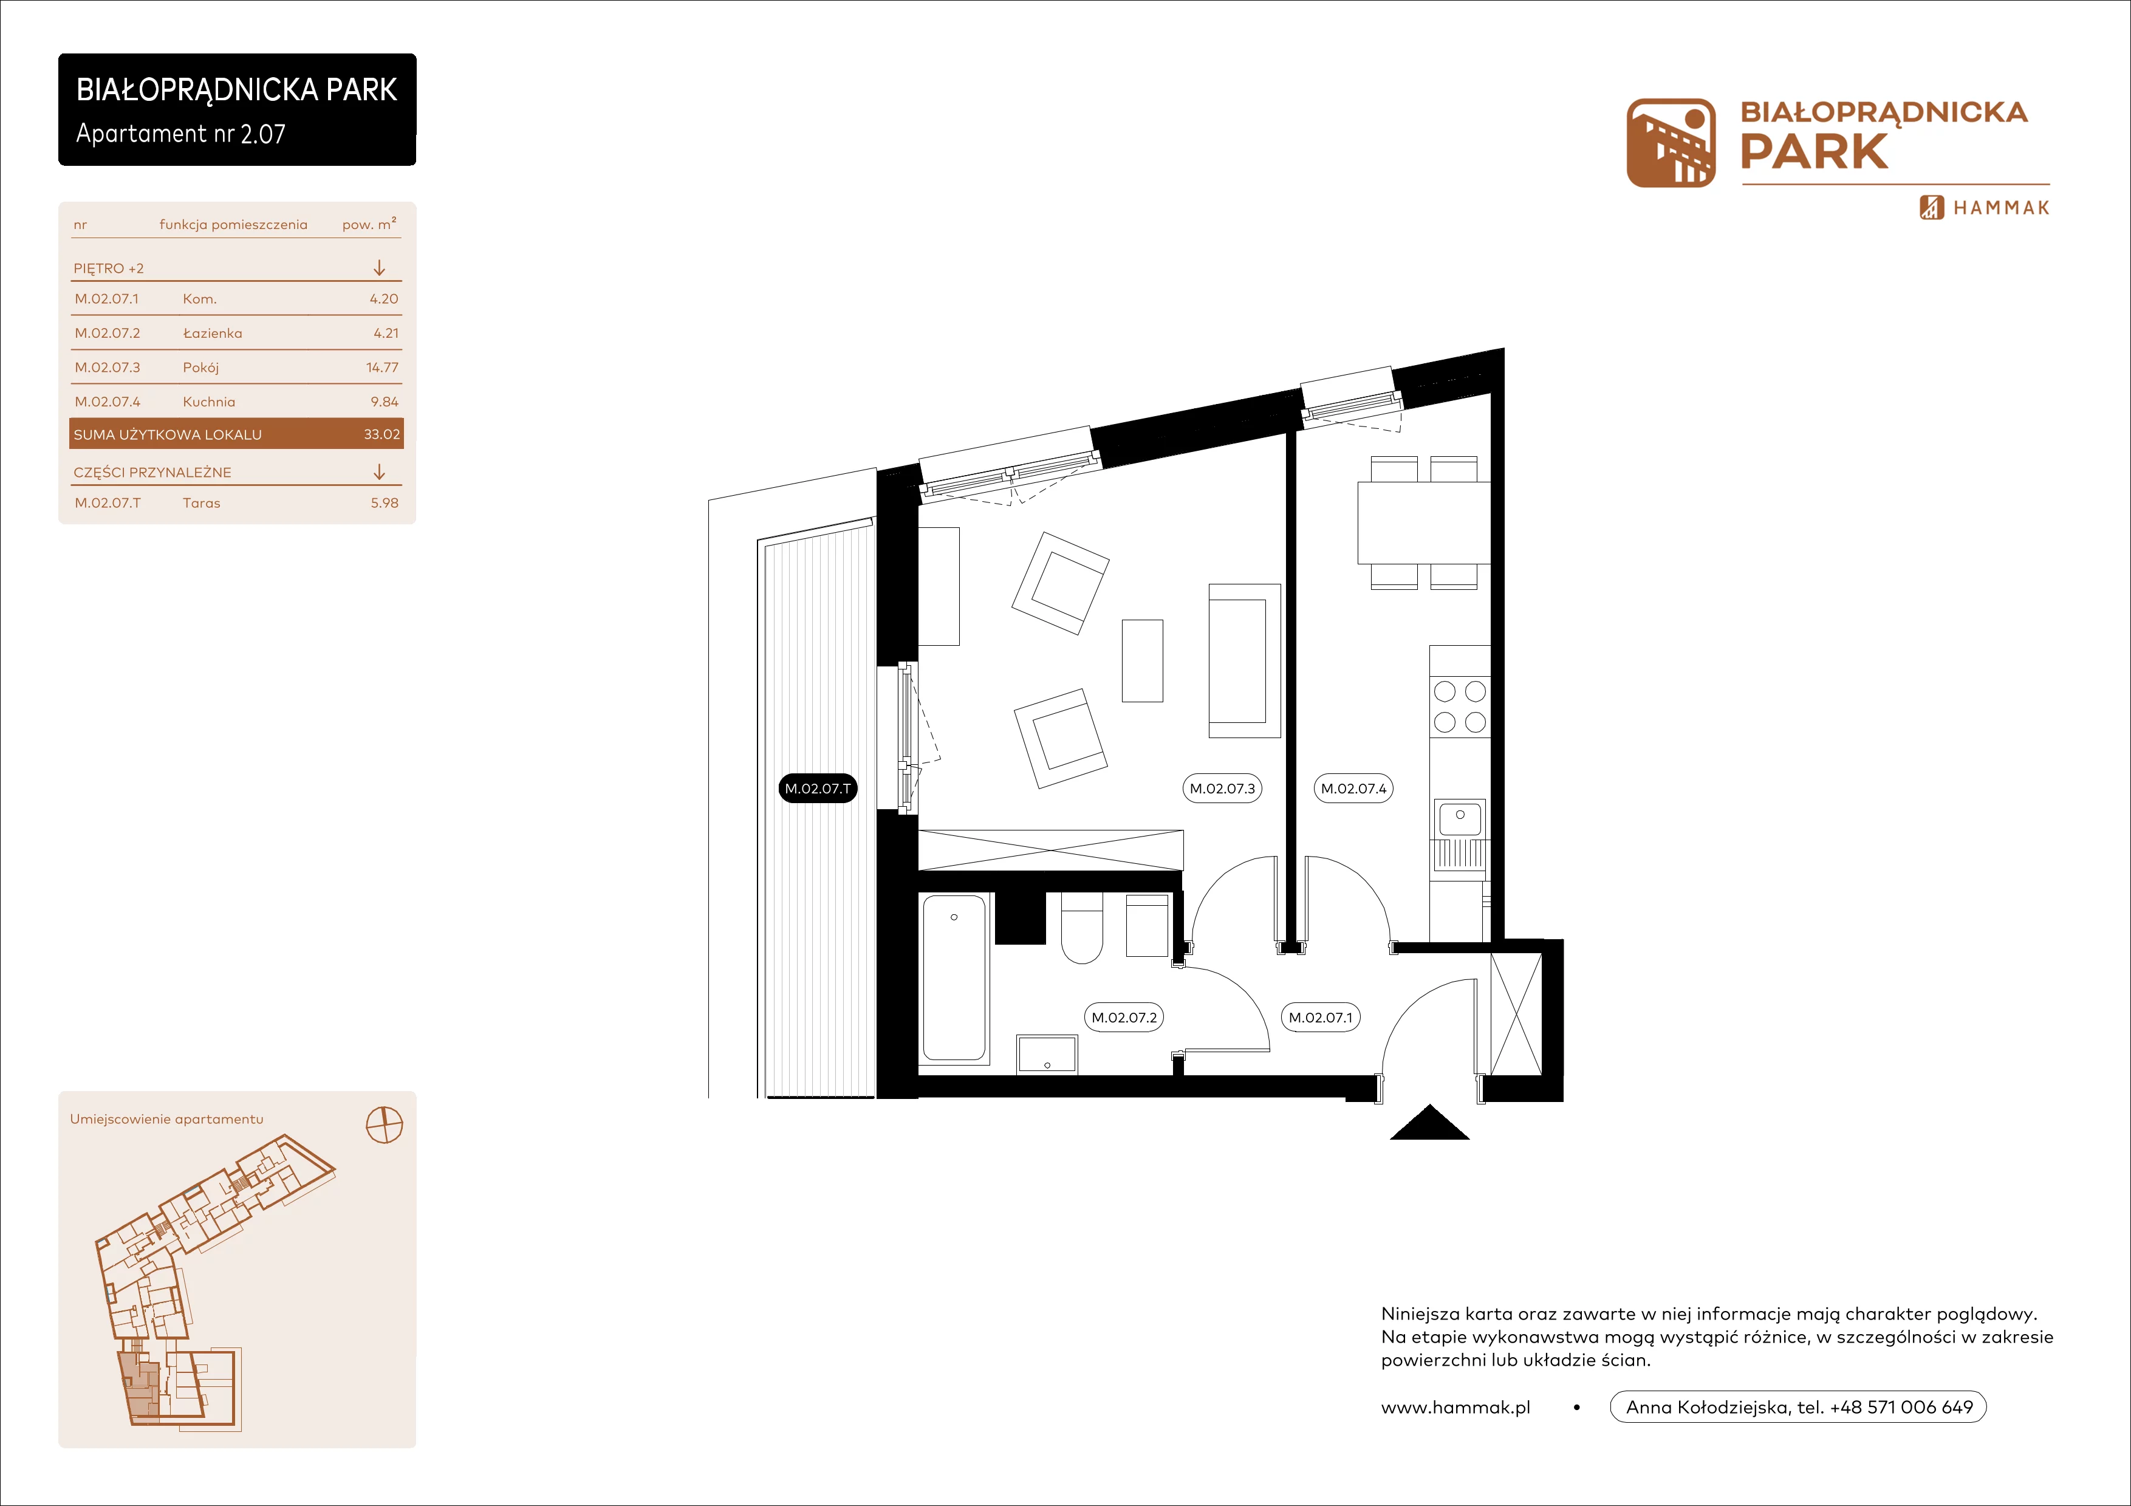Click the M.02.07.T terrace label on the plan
(818, 789)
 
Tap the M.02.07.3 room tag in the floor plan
(1222, 789)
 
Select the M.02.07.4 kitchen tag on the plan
(1353, 789)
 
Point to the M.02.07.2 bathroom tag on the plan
(1124, 1017)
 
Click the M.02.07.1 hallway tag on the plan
(1321, 1017)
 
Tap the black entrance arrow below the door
(1429, 1122)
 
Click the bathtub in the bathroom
(954, 977)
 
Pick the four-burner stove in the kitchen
(1460, 706)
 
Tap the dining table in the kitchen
(1424, 522)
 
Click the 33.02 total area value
(381, 434)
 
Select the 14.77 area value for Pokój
(382, 368)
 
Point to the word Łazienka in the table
(213, 333)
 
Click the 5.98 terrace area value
(385, 503)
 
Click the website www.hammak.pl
(1455, 1408)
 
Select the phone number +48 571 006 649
(1901, 1408)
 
